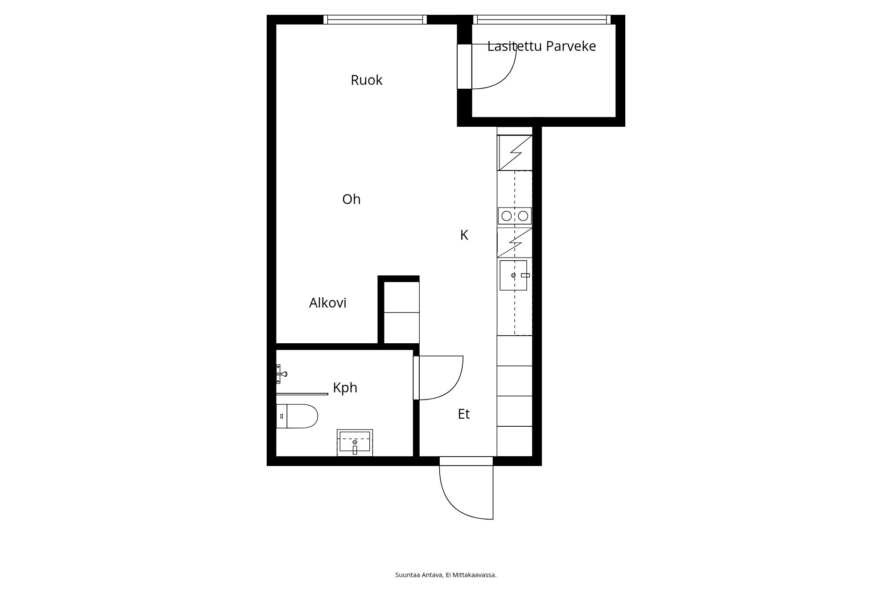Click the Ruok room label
tap(367, 80)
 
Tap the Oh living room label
tap(351, 199)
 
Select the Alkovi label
tap(328, 303)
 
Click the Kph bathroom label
tap(345, 388)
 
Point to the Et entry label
tap(464, 414)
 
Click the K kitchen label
tap(464, 235)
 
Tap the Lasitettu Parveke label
tap(541, 46)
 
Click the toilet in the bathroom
tap(297, 416)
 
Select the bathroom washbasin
tap(355, 443)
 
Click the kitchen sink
tap(513, 275)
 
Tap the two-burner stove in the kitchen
tap(515, 216)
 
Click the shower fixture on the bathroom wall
tap(281, 374)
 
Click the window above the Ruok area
tap(375, 20)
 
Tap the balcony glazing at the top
tap(542, 20)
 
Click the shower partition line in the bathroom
tap(302, 394)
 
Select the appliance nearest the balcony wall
tap(515, 153)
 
